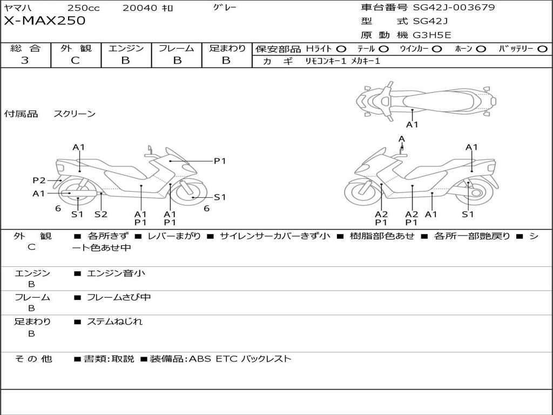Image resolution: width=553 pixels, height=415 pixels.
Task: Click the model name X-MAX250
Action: pyautogui.click(x=44, y=21)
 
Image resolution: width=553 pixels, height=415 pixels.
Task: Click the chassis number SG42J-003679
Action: pyautogui.click(x=454, y=8)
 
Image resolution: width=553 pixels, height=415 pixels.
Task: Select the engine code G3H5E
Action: pyautogui.click(x=432, y=35)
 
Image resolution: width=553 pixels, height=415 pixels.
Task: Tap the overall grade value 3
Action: pyautogui.click(x=25, y=61)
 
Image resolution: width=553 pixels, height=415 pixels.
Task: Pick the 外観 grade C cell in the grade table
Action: pyautogui.click(x=75, y=61)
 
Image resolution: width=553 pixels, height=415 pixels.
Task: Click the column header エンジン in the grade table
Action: pyautogui.click(x=126, y=49)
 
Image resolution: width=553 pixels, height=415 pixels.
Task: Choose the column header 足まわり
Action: pyautogui.click(x=227, y=49)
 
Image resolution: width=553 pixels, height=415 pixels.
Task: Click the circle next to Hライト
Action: pyautogui.click(x=341, y=49)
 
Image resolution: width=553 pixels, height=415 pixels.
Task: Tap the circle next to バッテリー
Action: pyautogui.click(x=542, y=49)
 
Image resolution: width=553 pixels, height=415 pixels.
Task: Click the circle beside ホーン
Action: pyautogui.click(x=481, y=49)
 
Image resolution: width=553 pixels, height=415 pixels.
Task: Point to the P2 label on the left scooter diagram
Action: pyautogui.click(x=39, y=180)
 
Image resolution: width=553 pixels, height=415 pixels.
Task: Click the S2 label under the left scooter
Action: pyautogui.click(x=101, y=214)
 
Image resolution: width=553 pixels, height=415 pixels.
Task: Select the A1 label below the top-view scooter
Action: pyautogui.click(x=412, y=125)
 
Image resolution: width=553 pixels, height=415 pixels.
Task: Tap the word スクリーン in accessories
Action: pyautogui.click(x=75, y=114)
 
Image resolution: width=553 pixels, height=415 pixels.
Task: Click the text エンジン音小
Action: pyautogui.click(x=116, y=273)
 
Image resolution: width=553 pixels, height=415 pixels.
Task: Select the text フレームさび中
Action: pyautogui.click(x=119, y=297)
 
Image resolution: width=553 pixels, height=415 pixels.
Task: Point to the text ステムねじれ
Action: pyautogui.click(x=114, y=322)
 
